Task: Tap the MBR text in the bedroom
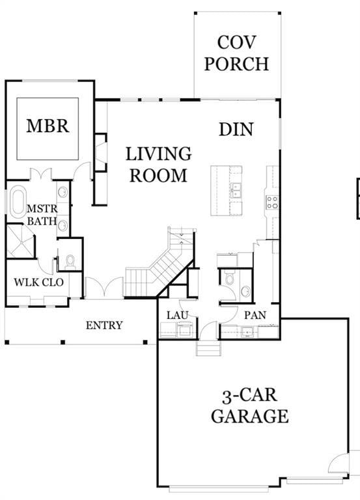pyautogui.click(x=48, y=126)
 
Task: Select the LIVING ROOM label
pyautogui.click(x=158, y=165)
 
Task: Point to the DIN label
pyautogui.click(x=236, y=129)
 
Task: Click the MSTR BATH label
pyautogui.click(x=42, y=215)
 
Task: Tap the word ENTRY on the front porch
pyautogui.click(x=104, y=325)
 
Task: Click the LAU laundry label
pyautogui.click(x=177, y=315)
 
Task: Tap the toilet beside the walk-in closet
pyautogui.click(x=70, y=262)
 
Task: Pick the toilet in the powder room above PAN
pyautogui.click(x=228, y=278)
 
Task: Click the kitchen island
pyautogui.click(x=226, y=189)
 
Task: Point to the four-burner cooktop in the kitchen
pyautogui.click(x=271, y=202)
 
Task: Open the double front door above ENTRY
pyautogui.click(x=104, y=288)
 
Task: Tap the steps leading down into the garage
pyautogui.click(x=208, y=350)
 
